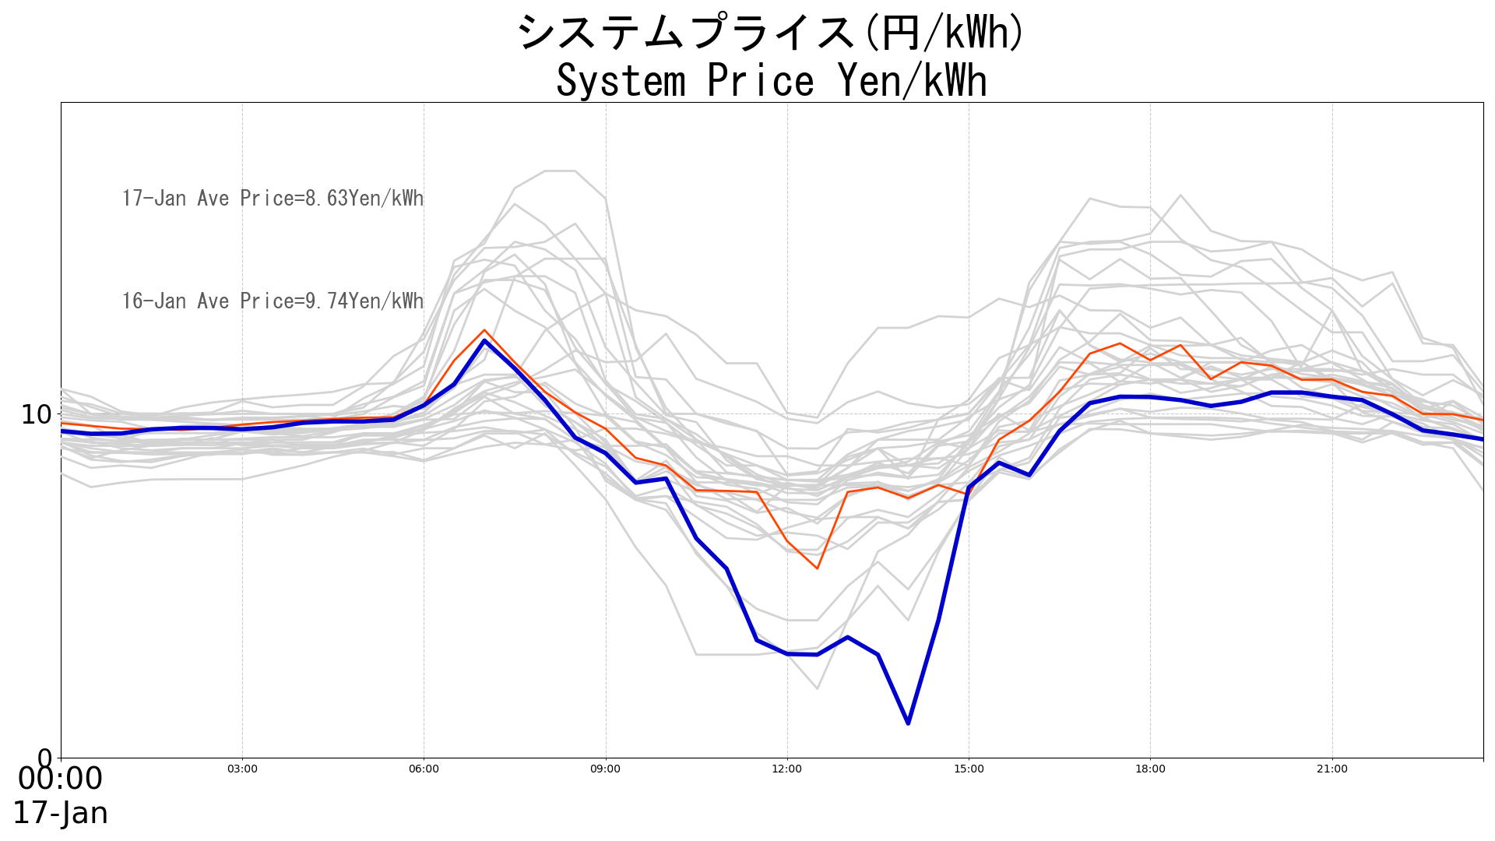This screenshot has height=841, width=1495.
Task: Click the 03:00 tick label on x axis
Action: point(242,769)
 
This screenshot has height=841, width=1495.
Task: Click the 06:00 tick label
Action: point(424,769)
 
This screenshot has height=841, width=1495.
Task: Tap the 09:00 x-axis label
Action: point(605,769)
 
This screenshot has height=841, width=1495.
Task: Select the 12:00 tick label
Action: point(786,769)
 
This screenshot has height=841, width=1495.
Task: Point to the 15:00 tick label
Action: point(969,769)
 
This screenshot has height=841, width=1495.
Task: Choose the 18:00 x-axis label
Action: point(1150,769)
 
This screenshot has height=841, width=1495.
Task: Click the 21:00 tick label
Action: point(1331,769)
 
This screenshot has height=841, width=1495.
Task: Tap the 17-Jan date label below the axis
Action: point(60,814)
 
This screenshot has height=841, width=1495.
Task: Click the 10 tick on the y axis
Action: point(36,414)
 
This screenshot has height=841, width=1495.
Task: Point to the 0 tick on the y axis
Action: point(45,757)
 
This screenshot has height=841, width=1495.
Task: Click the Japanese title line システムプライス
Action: point(771,33)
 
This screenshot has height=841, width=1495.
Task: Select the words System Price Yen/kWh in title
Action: point(771,81)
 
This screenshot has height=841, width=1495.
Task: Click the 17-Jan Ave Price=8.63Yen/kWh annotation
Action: point(273,199)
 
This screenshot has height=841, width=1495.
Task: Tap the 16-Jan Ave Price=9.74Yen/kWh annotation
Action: point(273,301)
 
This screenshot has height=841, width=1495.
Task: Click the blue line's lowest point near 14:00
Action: point(908,723)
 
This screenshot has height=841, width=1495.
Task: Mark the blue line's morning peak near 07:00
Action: point(484,340)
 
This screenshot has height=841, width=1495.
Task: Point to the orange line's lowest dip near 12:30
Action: point(817,568)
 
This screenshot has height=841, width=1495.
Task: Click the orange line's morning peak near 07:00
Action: point(484,330)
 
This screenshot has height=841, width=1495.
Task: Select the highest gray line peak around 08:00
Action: point(560,171)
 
